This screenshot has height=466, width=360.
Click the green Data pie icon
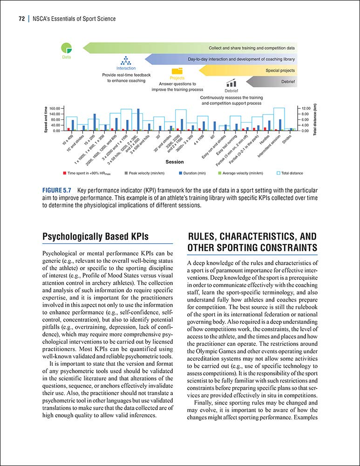tap(67, 48)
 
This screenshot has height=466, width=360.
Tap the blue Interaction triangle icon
tap(126, 61)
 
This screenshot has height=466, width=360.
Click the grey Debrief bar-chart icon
tap(231, 83)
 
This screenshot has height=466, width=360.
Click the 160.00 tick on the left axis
tap(55, 108)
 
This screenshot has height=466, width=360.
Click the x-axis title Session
tap(175, 162)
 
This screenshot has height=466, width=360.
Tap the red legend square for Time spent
tap(64, 173)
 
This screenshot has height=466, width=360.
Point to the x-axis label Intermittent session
tap(275, 145)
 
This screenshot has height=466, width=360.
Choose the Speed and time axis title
tap(46, 119)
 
